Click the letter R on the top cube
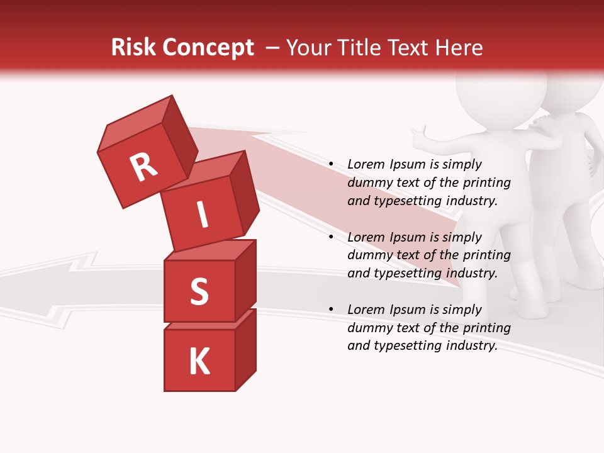click(x=143, y=167)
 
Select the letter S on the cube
click(x=199, y=291)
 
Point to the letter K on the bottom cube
click(x=199, y=362)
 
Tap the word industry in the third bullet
click(x=472, y=346)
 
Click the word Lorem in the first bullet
click(x=366, y=165)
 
